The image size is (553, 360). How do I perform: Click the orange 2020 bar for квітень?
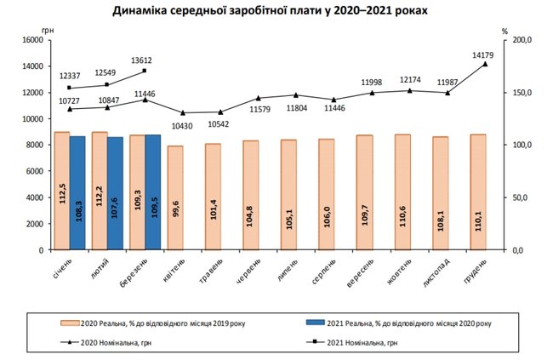pos(175,197)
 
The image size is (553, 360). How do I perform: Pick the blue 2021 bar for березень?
pos(153,191)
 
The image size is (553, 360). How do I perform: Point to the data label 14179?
pos(484,54)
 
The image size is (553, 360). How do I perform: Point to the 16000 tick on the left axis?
pos(31,40)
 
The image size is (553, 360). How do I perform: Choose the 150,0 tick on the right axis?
pos(522,93)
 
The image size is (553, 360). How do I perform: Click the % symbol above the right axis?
pos(505,31)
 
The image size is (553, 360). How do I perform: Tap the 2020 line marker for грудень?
pos(485,64)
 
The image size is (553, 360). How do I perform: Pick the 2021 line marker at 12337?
pos(69,88)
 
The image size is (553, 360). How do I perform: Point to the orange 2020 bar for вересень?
pos(365,192)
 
